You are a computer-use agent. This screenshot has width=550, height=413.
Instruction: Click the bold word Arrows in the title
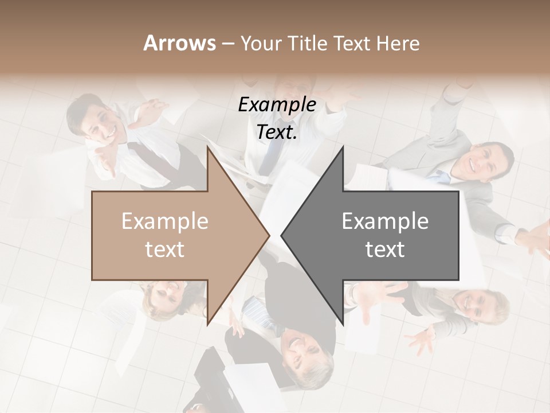(179, 43)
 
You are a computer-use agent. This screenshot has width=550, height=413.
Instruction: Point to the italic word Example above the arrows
(277, 105)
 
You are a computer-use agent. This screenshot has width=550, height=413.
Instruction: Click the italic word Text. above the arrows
(277, 132)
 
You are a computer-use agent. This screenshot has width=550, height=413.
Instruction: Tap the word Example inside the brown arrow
(165, 221)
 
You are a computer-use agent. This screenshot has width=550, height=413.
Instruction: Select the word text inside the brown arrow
(165, 249)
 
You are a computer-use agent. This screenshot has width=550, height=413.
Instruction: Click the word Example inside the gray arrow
(385, 221)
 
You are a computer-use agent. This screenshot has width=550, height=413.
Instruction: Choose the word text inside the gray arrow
(385, 249)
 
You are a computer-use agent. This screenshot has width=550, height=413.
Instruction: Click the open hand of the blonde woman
(421, 342)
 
